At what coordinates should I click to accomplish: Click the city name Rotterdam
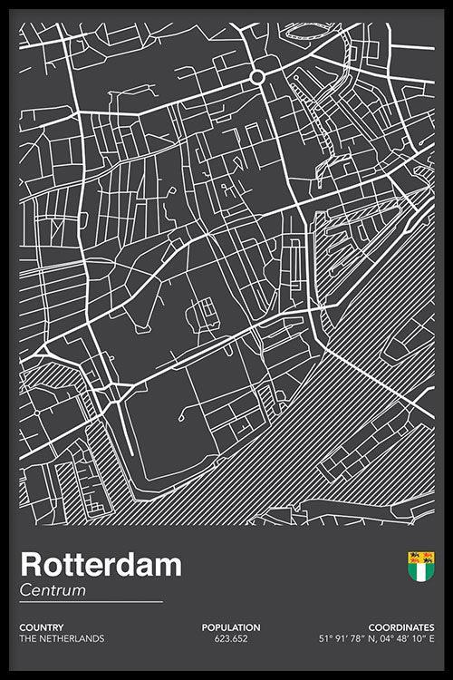click(101, 565)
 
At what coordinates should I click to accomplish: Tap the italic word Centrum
click(53, 590)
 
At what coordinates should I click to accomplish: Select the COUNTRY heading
click(42, 627)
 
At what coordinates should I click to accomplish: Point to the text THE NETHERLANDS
click(62, 638)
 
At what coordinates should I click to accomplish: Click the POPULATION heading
click(231, 627)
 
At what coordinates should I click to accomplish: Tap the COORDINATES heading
click(400, 627)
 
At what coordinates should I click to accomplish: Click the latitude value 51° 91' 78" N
click(347, 638)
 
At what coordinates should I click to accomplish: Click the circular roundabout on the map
click(257, 78)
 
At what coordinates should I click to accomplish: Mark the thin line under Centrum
click(91, 602)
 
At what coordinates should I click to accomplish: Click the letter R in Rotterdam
click(29, 565)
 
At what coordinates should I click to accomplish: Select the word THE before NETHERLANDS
click(27, 638)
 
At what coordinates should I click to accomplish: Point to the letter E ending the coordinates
click(431, 638)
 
